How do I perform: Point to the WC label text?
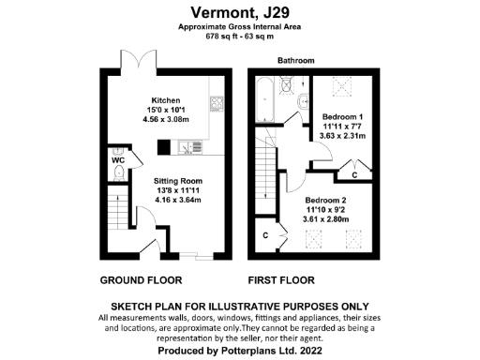117,160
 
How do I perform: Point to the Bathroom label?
295,60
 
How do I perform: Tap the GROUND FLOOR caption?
141,280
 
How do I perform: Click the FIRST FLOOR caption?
280,280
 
